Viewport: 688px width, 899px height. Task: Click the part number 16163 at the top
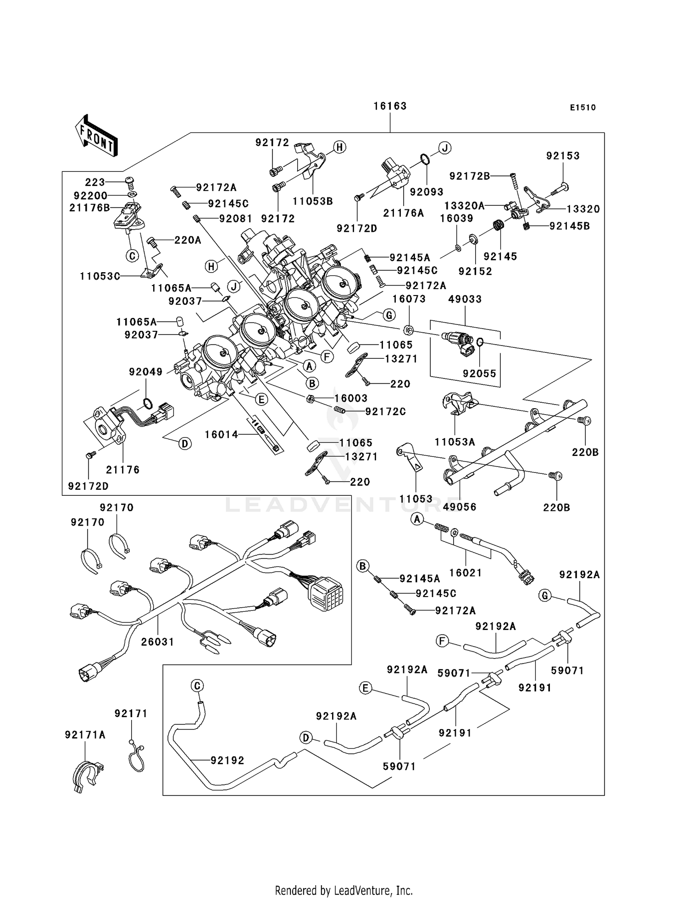(x=390, y=106)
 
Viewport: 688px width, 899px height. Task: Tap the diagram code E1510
(x=583, y=108)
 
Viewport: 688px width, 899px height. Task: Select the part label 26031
(x=157, y=642)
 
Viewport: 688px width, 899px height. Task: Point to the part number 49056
(x=460, y=507)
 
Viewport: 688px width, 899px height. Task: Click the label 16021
(x=466, y=573)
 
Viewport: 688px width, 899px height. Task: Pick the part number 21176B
(x=89, y=208)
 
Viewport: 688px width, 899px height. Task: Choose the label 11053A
(x=455, y=442)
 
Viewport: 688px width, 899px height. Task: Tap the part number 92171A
(x=85, y=735)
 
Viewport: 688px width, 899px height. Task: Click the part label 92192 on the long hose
(x=227, y=760)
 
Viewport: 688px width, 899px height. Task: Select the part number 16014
(x=222, y=434)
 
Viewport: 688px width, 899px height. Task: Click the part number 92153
(x=563, y=156)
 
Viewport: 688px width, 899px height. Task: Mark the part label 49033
(x=465, y=299)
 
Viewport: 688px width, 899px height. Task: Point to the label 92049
(x=146, y=372)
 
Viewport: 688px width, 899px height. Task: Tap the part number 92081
(x=236, y=219)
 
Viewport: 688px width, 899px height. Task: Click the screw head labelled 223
(x=130, y=181)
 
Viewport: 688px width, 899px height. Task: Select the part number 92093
(x=427, y=192)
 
